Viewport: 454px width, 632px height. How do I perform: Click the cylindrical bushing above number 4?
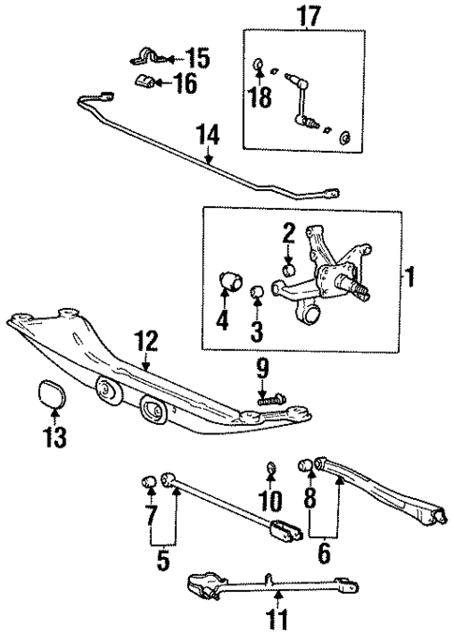point(229,280)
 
